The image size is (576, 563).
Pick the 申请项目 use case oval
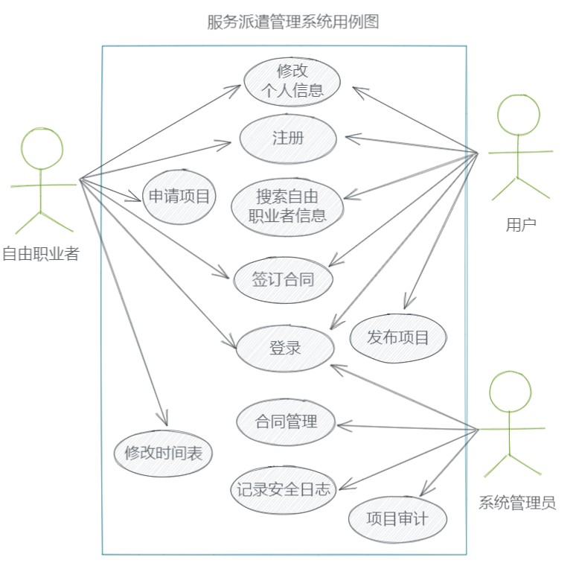click(x=179, y=197)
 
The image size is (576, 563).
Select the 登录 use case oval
click(x=285, y=347)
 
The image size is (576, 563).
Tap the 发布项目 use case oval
click(x=398, y=337)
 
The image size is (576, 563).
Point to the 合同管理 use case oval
click(x=287, y=422)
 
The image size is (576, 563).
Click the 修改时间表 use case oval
click(x=164, y=452)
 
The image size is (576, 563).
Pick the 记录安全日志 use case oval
click(x=283, y=489)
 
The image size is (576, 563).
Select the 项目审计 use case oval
click(x=397, y=518)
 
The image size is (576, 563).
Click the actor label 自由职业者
click(x=40, y=254)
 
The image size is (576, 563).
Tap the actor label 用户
click(x=521, y=224)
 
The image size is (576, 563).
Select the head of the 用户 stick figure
click(x=519, y=116)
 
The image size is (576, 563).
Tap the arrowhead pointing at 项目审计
click(x=421, y=492)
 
